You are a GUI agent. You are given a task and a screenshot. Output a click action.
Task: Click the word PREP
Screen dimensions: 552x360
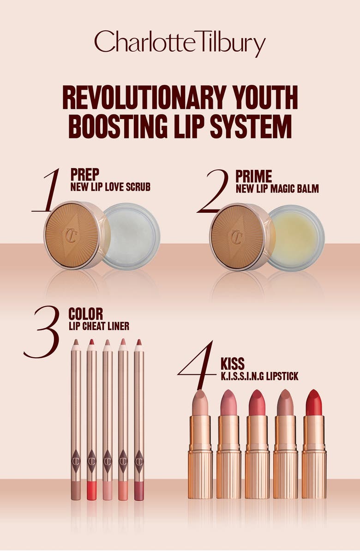[x=85, y=175]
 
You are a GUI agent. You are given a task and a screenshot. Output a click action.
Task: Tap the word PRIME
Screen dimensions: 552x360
[x=253, y=176]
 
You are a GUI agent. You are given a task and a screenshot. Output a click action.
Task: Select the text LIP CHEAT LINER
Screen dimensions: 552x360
[x=99, y=326]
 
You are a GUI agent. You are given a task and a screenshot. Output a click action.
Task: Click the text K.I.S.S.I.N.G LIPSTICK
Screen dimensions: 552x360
[x=259, y=377]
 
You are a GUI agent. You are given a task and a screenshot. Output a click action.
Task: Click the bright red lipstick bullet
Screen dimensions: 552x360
[x=314, y=402]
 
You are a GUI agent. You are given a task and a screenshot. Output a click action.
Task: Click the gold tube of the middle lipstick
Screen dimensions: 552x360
[x=257, y=457]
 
